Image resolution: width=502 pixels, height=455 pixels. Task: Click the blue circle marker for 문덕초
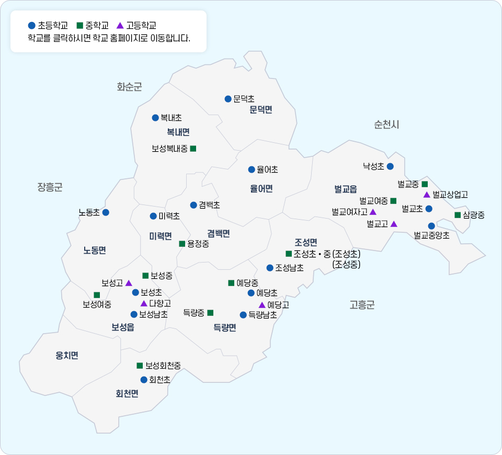pos(228,99)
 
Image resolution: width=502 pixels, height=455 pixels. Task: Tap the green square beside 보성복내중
pos(193,149)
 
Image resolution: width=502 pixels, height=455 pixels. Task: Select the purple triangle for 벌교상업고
pos(427,195)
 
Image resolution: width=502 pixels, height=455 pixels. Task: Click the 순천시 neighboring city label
pos(386,124)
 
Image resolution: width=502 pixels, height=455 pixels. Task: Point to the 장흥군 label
pos(50,187)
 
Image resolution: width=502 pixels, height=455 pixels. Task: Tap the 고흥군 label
pos(362,305)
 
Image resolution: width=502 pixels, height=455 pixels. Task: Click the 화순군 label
pos(129,87)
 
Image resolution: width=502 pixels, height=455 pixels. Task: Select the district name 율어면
pos(261,189)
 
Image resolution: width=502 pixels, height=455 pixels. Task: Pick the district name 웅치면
pos(67,356)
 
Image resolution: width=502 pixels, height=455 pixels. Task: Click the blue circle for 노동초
pos(106,212)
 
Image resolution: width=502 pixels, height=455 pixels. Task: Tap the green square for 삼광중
pos(458,215)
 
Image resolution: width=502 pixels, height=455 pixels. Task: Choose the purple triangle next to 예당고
pos(262,305)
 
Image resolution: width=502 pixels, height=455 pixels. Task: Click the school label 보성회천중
pos(163,366)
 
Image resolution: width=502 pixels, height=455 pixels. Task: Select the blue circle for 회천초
pos(144,380)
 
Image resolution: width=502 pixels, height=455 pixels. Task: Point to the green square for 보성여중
pos(97,295)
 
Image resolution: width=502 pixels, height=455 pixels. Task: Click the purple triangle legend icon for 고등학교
pos(120,25)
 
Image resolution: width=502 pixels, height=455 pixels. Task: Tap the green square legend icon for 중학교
pos(80,25)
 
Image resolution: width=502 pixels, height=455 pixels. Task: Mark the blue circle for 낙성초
pos(390,166)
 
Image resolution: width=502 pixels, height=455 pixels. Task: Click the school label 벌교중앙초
pos(431,235)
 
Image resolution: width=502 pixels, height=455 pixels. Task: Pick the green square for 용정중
pos(182,244)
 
